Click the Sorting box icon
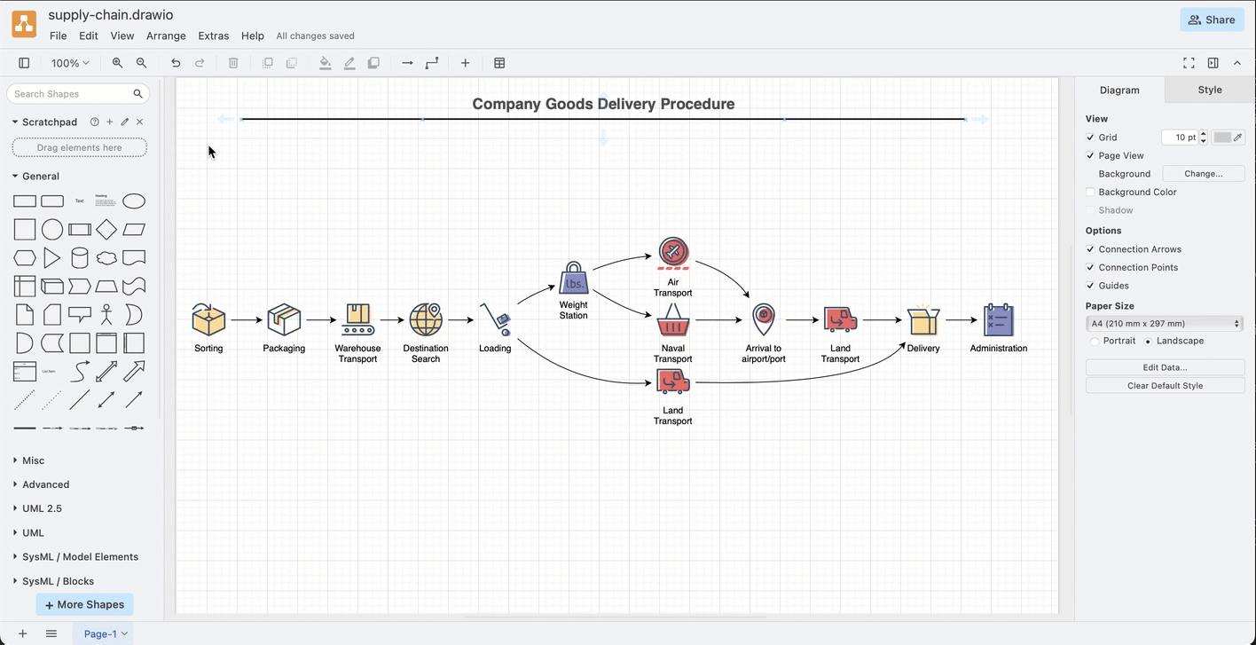(x=208, y=319)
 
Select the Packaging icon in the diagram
(x=284, y=319)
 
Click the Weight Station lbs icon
(x=574, y=279)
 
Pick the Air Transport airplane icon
(x=673, y=253)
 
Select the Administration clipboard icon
(x=999, y=319)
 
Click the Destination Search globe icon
(x=426, y=319)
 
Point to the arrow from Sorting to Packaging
(x=246, y=320)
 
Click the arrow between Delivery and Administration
(x=961, y=320)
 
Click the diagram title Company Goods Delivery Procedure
(x=603, y=104)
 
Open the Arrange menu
(x=166, y=36)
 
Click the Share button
(x=1212, y=20)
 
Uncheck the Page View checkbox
(x=1090, y=156)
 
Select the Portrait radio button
(x=1095, y=342)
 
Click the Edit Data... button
(x=1165, y=367)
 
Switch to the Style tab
(x=1209, y=90)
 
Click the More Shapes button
(x=85, y=604)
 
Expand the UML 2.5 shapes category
(x=42, y=508)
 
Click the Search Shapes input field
(x=71, y=94)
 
